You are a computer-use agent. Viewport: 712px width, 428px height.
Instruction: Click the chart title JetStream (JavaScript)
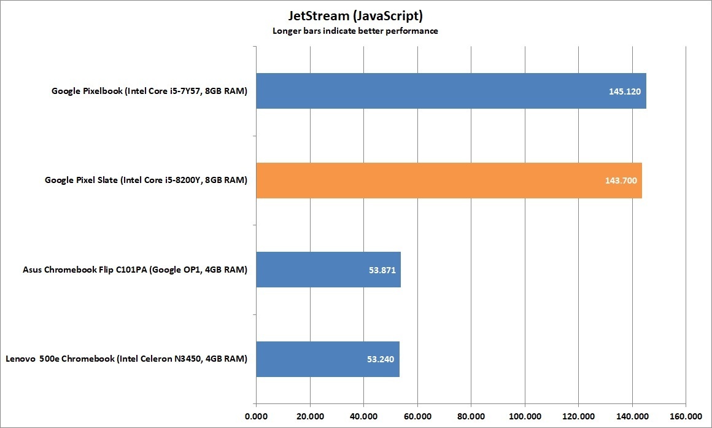(355, 16)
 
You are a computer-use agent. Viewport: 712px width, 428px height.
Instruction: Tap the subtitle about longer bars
(355, 31)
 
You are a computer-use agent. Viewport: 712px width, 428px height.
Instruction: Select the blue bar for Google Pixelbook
(451, 91)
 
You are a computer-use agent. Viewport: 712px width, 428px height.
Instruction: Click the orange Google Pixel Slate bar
(449, 181)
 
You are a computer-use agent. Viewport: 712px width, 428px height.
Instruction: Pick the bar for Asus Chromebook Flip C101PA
(328, 270)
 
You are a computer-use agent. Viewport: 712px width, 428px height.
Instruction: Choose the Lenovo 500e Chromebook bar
(328, 359)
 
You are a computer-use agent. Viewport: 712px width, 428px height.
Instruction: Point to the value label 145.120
(622, 91)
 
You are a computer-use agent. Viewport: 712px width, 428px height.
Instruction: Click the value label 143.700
(617, 181)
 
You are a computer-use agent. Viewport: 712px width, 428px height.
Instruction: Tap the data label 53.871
(377, 270)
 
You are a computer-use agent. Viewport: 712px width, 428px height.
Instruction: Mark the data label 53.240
(376, 360)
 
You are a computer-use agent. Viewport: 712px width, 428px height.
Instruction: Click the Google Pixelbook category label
(149, 91)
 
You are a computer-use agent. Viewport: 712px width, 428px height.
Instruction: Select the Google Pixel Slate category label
(146, 181)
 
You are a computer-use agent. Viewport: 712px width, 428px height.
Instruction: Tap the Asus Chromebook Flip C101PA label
(135, 270)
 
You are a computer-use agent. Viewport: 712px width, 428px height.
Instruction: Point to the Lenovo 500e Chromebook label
(126, 359)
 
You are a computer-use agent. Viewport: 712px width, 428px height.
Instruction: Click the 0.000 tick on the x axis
(256, 415)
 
